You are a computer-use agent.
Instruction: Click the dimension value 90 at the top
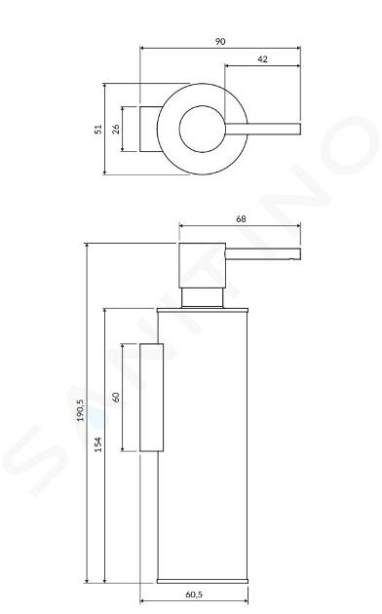pos(220,42)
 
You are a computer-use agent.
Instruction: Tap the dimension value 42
pos(263,59)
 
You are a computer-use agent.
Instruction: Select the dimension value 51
pos(98,130)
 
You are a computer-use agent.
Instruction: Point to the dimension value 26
pos(116,130)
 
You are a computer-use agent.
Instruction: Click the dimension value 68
pos(241,219)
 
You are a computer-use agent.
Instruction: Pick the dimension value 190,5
pos(80,410)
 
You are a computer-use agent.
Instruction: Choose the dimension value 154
pos(98,444)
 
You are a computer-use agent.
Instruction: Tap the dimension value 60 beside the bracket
pos(116,397)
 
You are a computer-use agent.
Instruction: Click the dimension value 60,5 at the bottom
pos(194,595)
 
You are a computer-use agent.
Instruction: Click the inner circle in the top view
pos(179,129)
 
